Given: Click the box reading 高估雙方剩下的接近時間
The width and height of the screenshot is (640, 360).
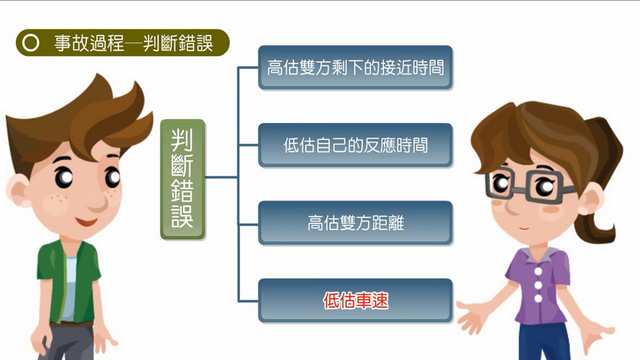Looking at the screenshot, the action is tap(356, 67).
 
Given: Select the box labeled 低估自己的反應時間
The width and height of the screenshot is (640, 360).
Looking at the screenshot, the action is tap(356, 145).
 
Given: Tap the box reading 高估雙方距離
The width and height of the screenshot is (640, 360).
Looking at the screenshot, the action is tap(356, 223).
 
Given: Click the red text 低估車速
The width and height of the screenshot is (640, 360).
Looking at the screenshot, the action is tap(356, 301).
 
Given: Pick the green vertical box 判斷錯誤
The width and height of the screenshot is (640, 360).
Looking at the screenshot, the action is tap(183, 179).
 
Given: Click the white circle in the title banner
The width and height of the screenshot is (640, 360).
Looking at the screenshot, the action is tap(31, 43).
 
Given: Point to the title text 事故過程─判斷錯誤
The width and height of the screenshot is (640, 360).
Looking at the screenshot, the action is tap(134, 43).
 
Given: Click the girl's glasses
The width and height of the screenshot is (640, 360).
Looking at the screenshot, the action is tap(526, 186).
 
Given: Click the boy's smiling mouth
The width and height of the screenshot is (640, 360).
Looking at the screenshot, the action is tap(86, 221).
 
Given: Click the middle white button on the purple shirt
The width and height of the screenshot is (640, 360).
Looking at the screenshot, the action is tap(539, 285).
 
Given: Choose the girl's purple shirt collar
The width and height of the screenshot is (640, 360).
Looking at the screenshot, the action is tap(538, 256).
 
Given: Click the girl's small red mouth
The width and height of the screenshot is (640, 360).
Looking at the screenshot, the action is tap(524, 229).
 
